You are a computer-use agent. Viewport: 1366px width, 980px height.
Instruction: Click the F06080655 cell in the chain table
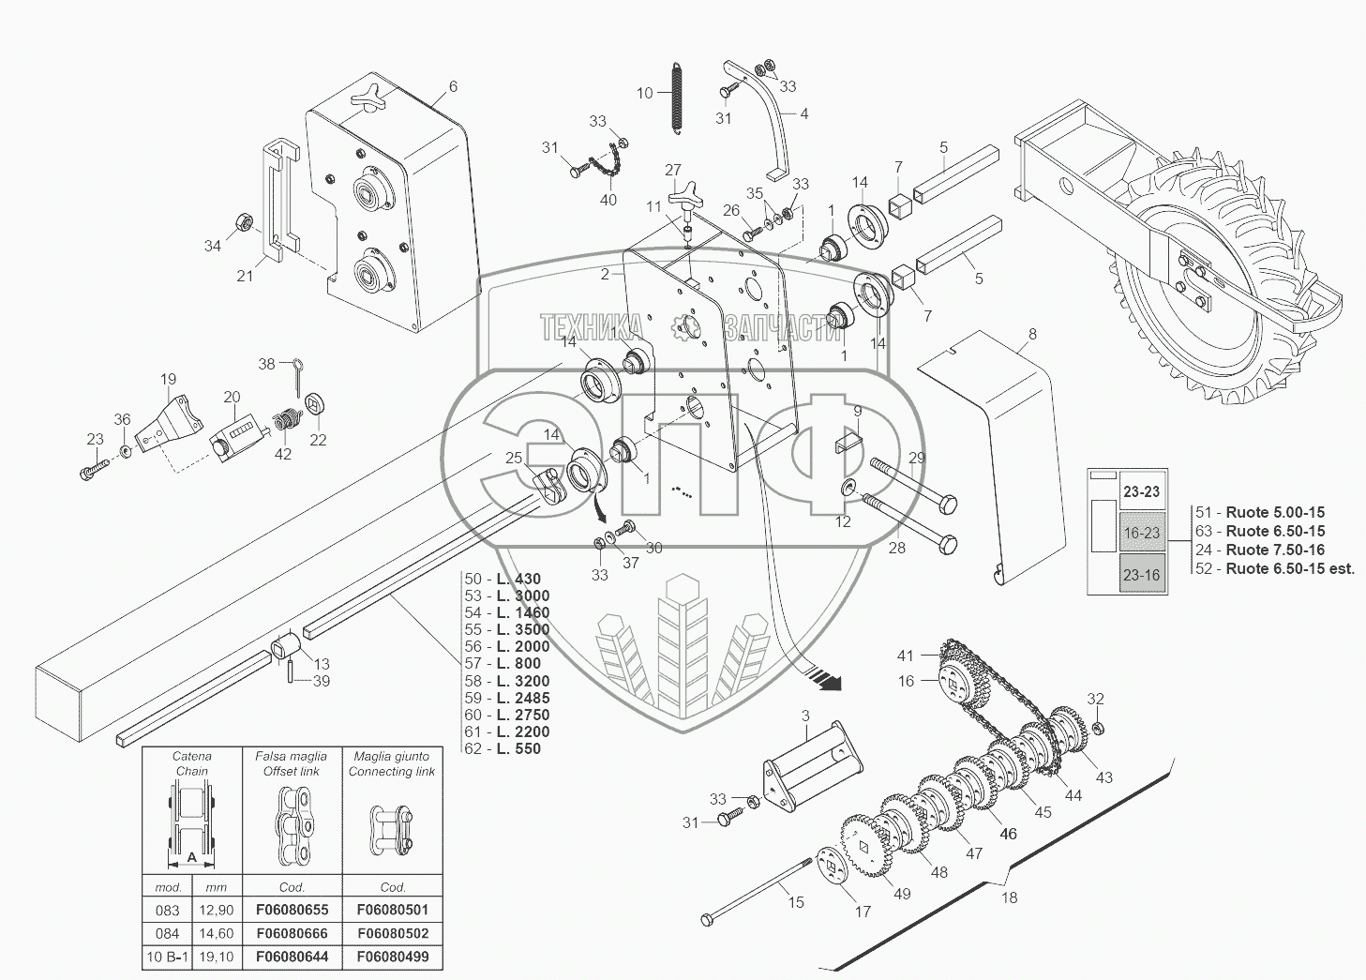[x=293, y=910]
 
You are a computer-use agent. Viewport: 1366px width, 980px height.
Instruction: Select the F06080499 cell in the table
[x=393, y=957]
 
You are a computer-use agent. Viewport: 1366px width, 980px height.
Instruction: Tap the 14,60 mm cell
[x=217, y=933]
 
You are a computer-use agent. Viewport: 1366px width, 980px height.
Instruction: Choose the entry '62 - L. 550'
[x=503, y=748]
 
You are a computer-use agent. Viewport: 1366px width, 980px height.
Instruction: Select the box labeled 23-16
[x=1142, y=575]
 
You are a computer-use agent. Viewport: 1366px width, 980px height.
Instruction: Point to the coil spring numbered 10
[x=676, y=97]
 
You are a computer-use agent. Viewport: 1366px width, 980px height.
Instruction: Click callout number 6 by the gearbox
[x=453, y=86]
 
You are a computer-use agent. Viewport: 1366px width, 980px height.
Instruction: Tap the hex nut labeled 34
[x=242, y=222]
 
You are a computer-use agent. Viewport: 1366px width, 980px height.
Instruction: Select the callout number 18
[x=1009, y=897]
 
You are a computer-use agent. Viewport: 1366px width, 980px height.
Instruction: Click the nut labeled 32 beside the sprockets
[x=1096, y=727]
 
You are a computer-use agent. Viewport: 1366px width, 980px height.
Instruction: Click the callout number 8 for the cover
[x=1032, y=334]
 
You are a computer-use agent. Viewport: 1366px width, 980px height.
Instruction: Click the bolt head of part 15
[x=708, y=919]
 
